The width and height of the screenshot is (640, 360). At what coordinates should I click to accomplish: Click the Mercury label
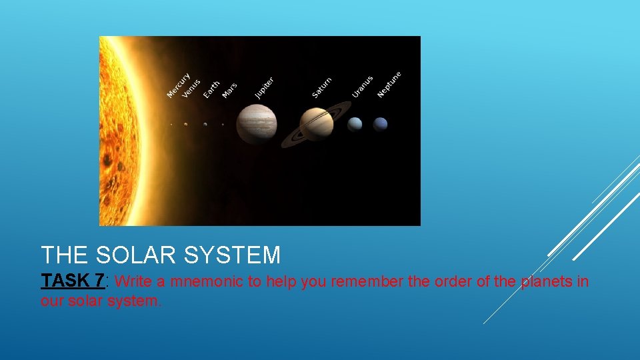179,85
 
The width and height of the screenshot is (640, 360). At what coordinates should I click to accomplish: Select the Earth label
211,89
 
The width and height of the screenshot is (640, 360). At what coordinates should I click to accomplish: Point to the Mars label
229,91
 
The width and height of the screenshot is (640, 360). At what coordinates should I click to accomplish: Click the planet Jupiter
257,124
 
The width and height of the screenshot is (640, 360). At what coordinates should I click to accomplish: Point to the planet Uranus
355,124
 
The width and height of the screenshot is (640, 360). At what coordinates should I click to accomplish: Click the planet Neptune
380,124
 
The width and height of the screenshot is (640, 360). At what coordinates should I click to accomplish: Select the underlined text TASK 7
72,281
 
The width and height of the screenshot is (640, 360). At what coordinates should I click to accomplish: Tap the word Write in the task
137,281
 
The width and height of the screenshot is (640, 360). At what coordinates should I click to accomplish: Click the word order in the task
453,281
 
